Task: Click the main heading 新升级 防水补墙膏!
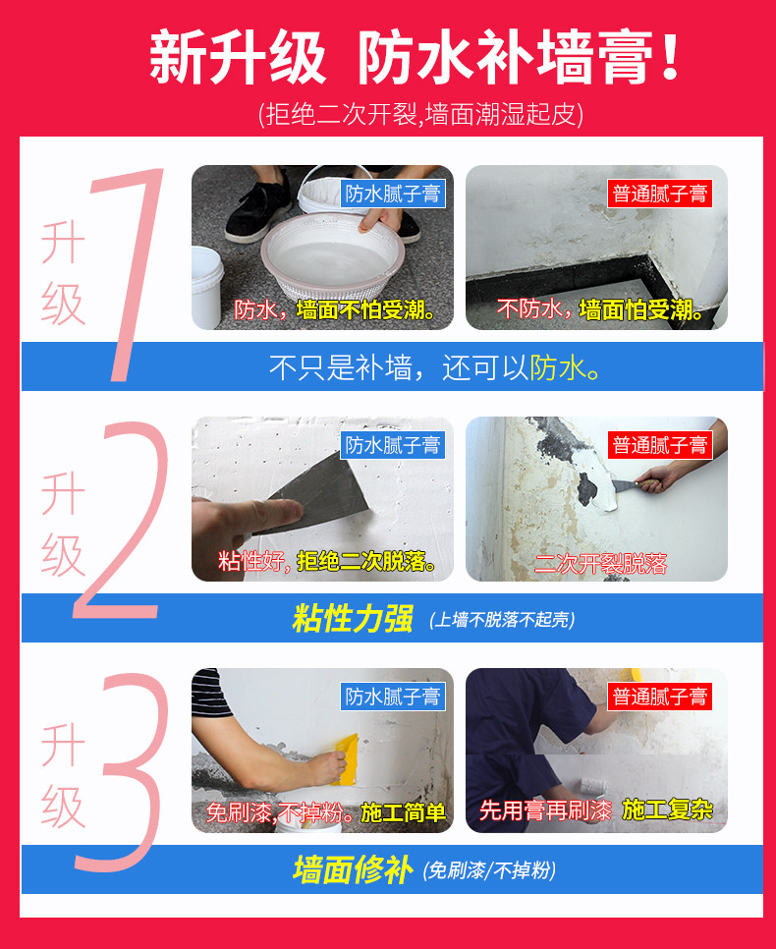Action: click(416, 58)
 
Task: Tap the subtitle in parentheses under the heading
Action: click(420, 114)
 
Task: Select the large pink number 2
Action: click(120, 521)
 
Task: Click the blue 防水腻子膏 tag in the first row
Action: click(393, 194)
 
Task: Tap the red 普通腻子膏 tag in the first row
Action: click(660, 194)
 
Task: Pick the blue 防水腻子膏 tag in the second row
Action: click(393, 445)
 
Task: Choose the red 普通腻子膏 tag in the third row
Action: click(660, 697)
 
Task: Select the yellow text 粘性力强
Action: click(353, 619)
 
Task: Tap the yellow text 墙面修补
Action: click(353, 870)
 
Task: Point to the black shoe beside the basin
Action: click(256, 205)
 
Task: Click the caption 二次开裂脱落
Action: click(600, 564)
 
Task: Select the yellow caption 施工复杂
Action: click(668, 809)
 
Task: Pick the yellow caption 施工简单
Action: click(403, 812)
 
